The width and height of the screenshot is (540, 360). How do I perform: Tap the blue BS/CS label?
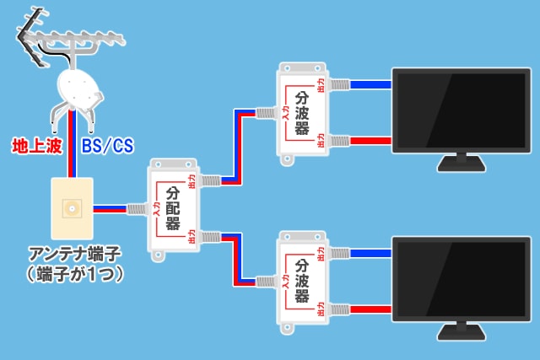coord(106,147)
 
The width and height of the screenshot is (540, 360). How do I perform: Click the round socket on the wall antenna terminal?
coord(72,207)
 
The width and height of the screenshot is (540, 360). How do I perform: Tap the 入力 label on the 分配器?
coord(157,209)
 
